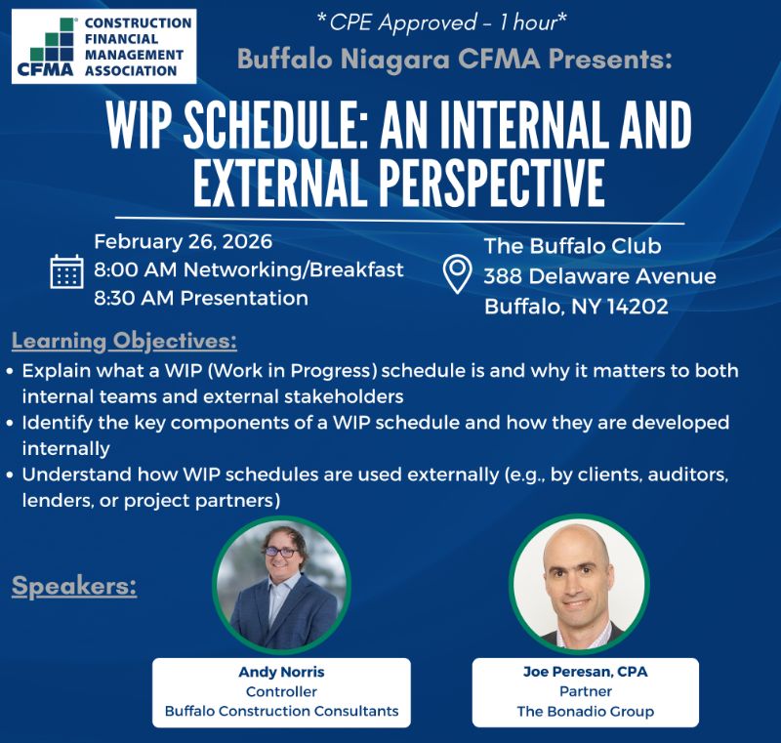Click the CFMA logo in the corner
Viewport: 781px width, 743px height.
(x=104, y=46)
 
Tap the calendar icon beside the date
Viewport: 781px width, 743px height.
(x=67, y=270)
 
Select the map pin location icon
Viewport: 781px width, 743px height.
(x=458, y=274)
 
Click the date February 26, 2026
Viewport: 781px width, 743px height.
(x=184, y=242)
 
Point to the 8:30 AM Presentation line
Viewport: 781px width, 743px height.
(x=201, y=298)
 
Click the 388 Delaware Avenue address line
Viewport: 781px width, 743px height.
(x=599, y=276)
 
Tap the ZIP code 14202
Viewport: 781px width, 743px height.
(x=636, y=307)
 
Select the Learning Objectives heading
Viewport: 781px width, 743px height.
(x=124, y=342)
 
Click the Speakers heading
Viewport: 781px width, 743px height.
(x=74, y=587)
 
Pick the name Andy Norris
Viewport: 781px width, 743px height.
(x=281, y=672)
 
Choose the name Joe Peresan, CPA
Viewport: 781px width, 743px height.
(x=586, y=672)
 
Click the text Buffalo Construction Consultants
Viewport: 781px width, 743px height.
(x=281, y=711)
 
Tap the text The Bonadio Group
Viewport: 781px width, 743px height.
(x=586, y=711)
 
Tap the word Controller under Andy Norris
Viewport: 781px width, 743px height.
(x=281, y=691)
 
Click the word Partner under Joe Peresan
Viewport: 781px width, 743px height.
(x=586, y=691)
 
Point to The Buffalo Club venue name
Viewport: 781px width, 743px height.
(x=573, y=246)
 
